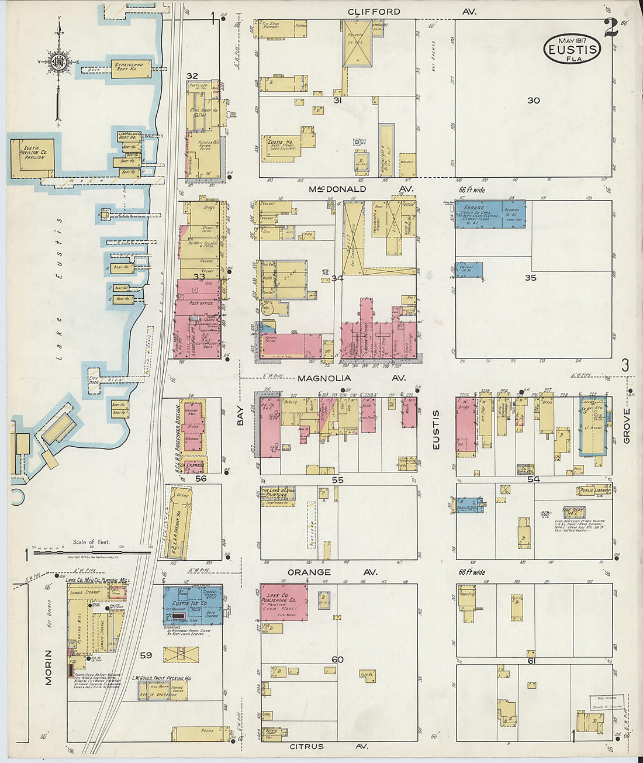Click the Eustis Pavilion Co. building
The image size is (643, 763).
click(32, 157)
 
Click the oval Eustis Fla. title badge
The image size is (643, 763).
click(572, 49)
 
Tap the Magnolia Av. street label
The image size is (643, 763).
click(351, 378)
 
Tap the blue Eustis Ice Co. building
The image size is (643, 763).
click(192, 605)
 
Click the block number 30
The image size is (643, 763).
click(533, 101)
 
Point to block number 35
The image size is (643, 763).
click(530, 278)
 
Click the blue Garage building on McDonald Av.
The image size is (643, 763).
click(490, 214)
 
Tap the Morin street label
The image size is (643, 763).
click(48, 667)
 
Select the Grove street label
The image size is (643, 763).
click(627, 426)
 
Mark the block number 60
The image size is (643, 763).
click(337, 660)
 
